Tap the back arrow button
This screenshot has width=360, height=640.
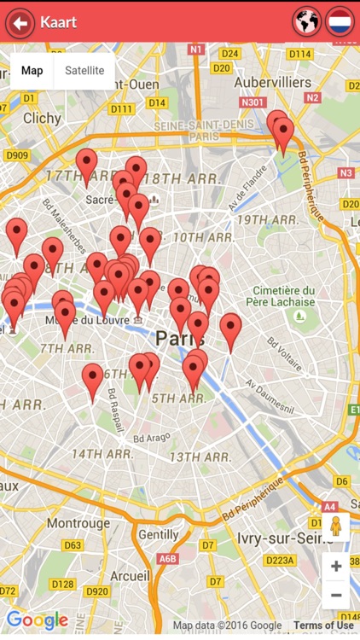click(19, 22)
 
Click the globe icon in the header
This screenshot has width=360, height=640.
click(306, 22)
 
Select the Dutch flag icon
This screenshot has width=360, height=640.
click(340, 22)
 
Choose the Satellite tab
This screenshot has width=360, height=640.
click(84, 71)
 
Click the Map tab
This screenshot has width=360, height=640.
click(32, 71)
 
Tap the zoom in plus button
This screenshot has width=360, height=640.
click(336, 566)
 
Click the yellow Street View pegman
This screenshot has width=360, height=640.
click(335, 527)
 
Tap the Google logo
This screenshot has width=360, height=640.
click(37, 620)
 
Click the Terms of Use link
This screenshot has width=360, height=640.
click(323, 625)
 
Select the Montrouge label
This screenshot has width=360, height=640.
click(78, 523)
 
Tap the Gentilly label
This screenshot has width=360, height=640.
click(159, 534)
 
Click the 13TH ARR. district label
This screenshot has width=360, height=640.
click(200, 457)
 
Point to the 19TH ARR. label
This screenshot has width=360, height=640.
click(267, 220)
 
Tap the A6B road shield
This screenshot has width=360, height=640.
click(167, 559)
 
